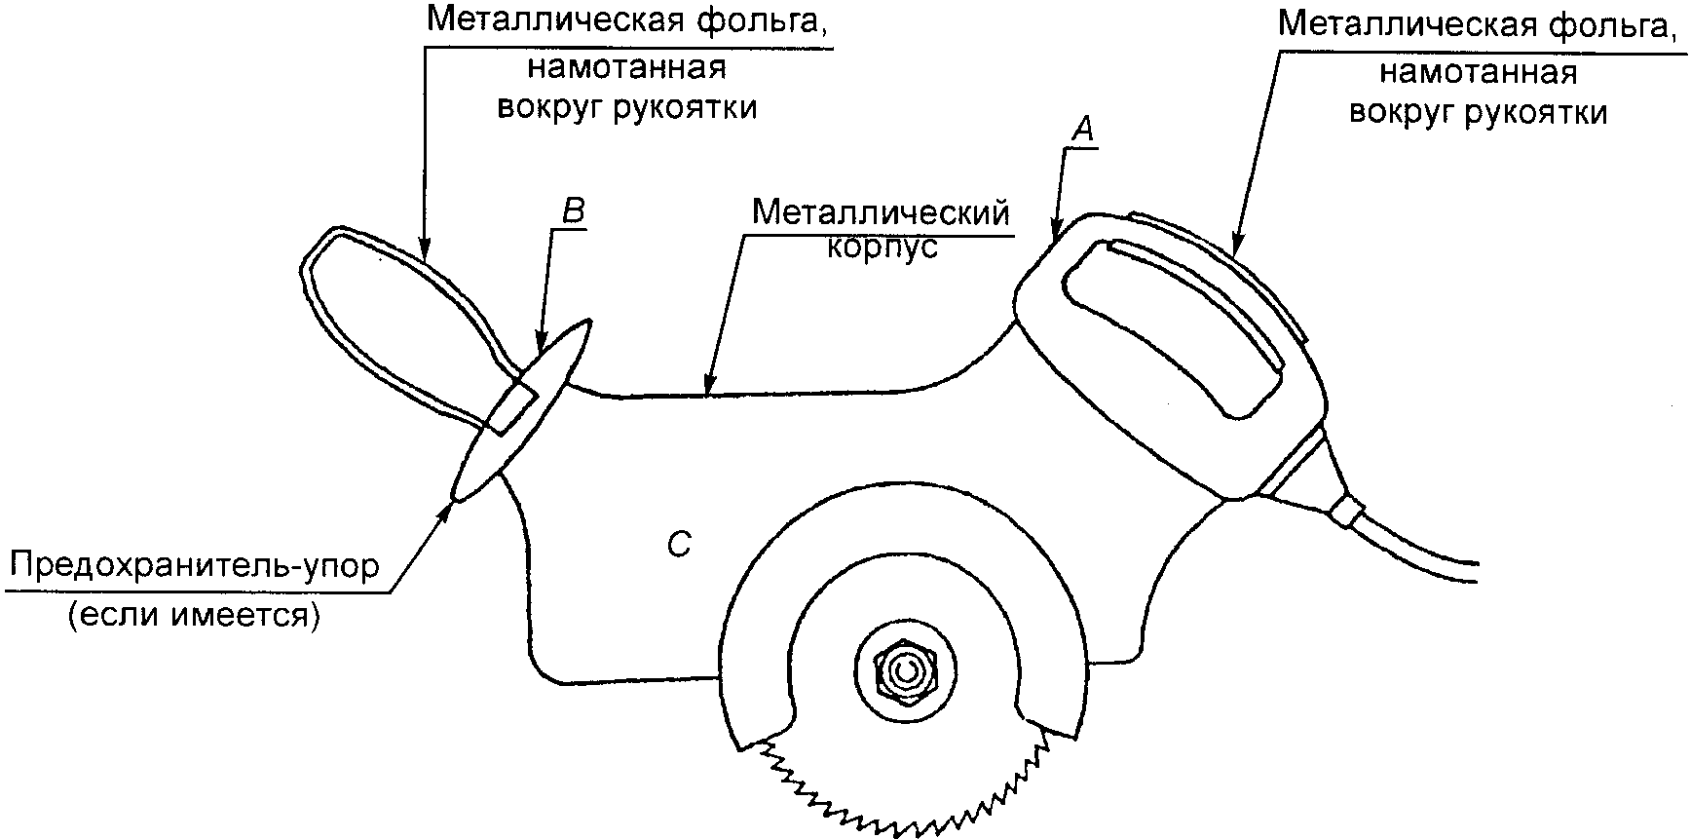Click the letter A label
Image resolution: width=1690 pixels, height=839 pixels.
click(x=1084, y=128)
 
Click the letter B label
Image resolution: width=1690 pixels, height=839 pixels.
click(x=574, y=212)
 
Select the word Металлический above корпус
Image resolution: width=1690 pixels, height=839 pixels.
click(x=880, y=212)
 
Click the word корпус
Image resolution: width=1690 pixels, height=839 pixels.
click(x=883, y=248)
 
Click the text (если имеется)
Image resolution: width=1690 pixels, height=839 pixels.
click(x=194, y=616)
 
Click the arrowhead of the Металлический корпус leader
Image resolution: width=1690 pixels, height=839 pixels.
click(x=710, y=387)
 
